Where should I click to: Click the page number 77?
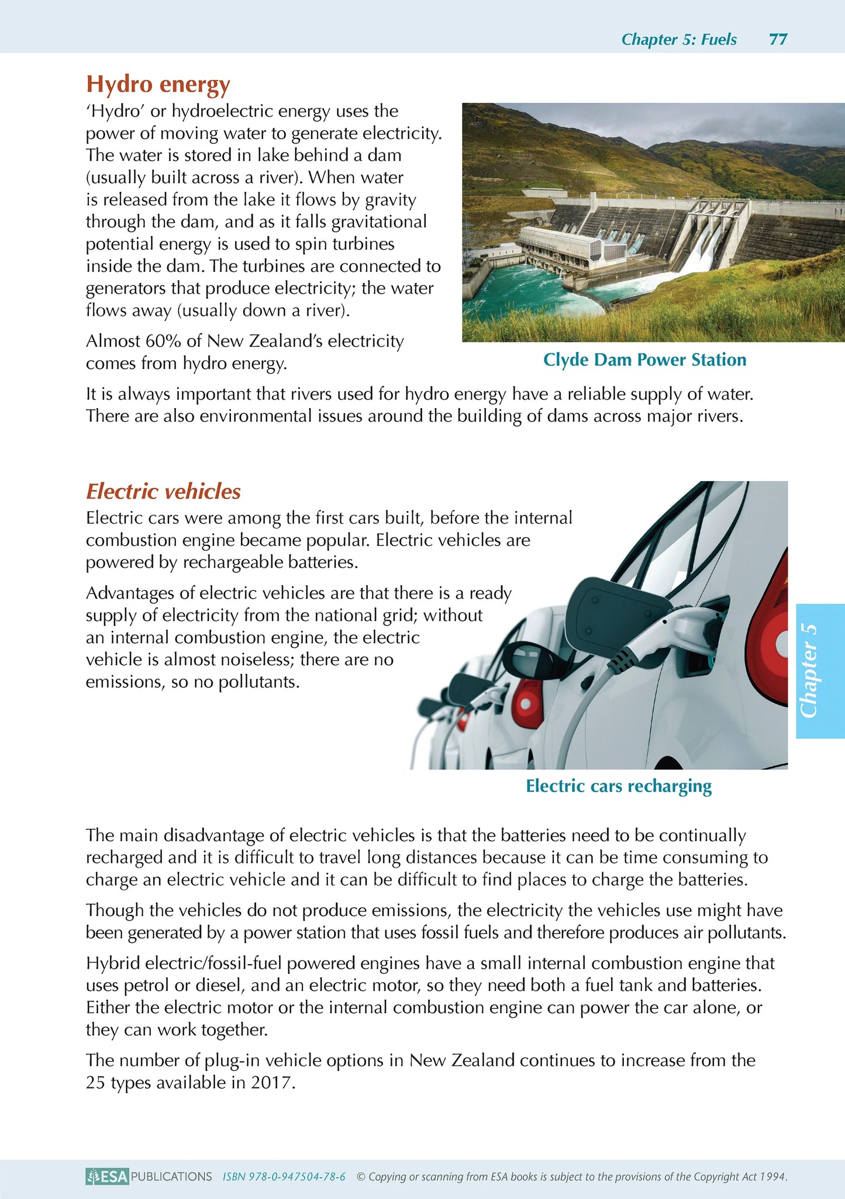[x=778, y=39]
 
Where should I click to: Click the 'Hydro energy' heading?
[x=158, y=84]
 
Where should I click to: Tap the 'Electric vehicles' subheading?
[x=163, y=492]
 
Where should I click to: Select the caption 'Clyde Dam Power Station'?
[x=644, y=360]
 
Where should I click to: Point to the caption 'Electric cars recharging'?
[x=619, y=786]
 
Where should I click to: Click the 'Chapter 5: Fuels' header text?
[x=678, y=39]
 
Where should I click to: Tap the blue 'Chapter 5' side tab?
[x=820, y=671]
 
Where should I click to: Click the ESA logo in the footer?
[x=107, y=1176]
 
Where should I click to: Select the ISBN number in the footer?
[x=284, y=1176]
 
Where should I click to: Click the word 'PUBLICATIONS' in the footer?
[x=171, y=1176]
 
